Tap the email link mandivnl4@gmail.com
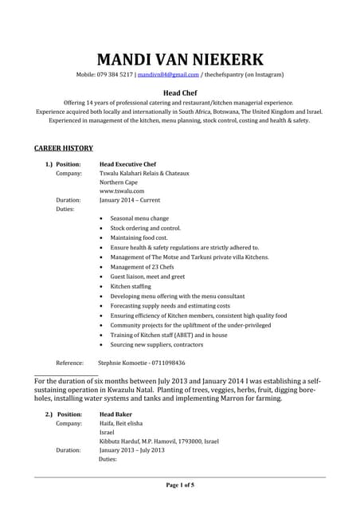(168, 74)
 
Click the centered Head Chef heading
(180, 93)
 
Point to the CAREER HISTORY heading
(64, 148)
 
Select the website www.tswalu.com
(122, 191)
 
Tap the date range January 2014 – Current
(133, 200)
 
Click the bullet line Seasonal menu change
(139, 218)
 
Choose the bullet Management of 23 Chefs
(143, 267)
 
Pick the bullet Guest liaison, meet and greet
(147, 277)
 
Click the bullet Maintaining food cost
(139, 237)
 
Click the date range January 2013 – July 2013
(131, 450)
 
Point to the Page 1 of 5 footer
(180, 485)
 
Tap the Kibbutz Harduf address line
(158, 441)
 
